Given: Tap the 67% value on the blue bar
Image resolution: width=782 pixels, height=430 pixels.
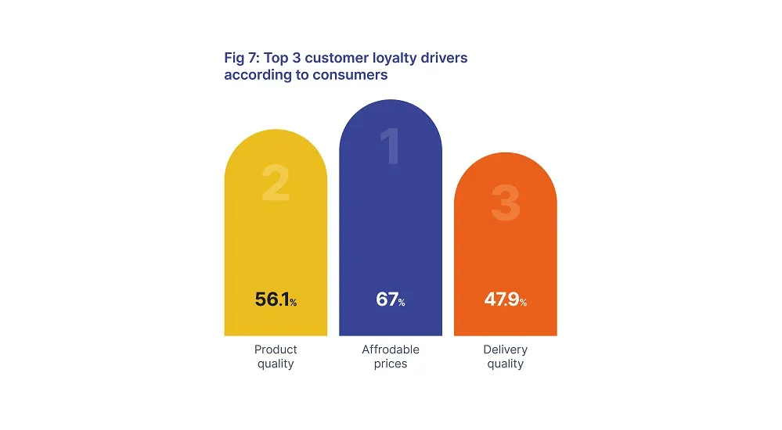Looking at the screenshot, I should click(x=390, y=299).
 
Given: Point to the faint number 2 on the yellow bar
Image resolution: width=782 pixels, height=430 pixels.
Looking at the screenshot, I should click(x=276, y=185).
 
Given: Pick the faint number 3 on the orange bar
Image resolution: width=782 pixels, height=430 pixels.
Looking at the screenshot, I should click(x=505, y=202).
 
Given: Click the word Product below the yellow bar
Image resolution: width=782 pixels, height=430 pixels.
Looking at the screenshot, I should click(x=276, y=349).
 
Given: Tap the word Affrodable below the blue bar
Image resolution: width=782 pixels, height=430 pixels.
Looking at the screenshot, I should click(x=391, y=349).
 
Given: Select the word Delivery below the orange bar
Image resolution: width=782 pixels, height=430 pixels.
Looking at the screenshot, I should click(x=505, y=349).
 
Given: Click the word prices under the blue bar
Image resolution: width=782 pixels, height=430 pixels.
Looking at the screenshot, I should click(x=391, y=364).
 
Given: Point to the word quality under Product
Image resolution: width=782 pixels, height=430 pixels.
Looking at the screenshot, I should click(x=276, y=364).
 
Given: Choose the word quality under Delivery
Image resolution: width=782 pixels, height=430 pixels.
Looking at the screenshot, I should click(x=505, y=364).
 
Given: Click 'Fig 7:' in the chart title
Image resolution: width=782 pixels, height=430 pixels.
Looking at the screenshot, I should click(x=241, y=59).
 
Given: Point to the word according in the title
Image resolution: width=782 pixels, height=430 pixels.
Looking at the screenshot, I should click(x=254, y=76).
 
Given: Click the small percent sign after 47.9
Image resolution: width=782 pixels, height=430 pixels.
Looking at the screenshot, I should click(x=523, y=303).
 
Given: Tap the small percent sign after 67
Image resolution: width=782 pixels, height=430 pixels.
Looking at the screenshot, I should click(x=402, y=303).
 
